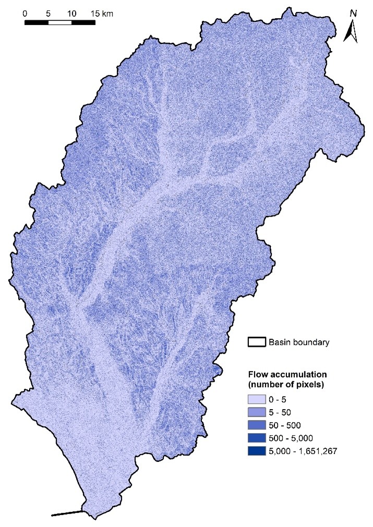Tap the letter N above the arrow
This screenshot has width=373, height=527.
tap(353, 13)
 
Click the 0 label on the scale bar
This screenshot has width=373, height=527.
tap(25, 13)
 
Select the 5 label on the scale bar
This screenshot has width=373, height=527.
tap(48, 13)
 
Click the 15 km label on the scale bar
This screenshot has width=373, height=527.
tap(101, 13)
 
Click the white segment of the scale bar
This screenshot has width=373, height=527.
tap(60, 22)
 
